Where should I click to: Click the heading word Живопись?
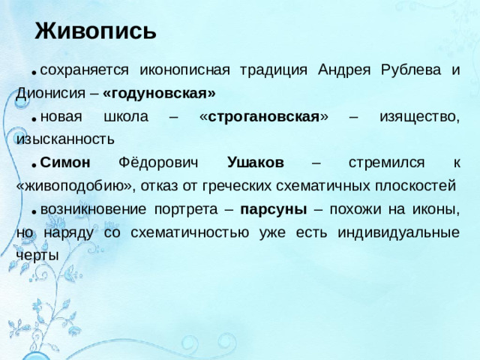[95, 31]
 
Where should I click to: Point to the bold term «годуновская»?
[160, 93]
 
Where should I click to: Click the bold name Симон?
[65, 163]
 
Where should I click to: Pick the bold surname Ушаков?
[255, 163]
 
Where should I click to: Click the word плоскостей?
[410, 186]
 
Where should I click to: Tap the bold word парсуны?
[269, 209]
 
